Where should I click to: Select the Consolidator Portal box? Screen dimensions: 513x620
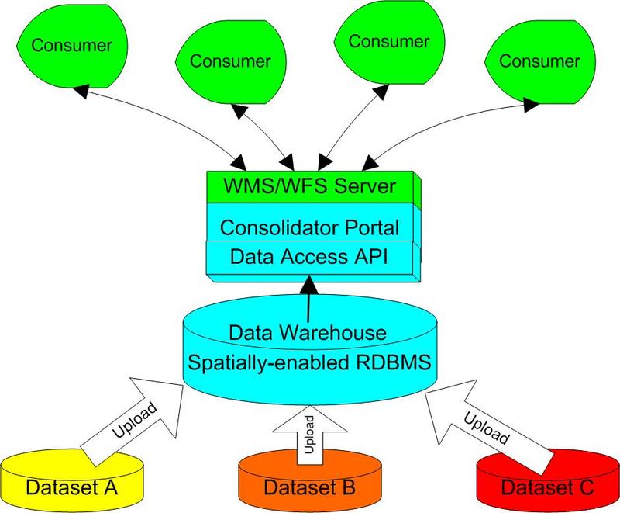pyautogui.click(x=309, y=227)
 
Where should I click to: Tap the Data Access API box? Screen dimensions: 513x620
pyautogui.click(x=309, y=255)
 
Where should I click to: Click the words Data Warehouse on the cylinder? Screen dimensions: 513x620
pyautogui.click(x=309, y=333)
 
